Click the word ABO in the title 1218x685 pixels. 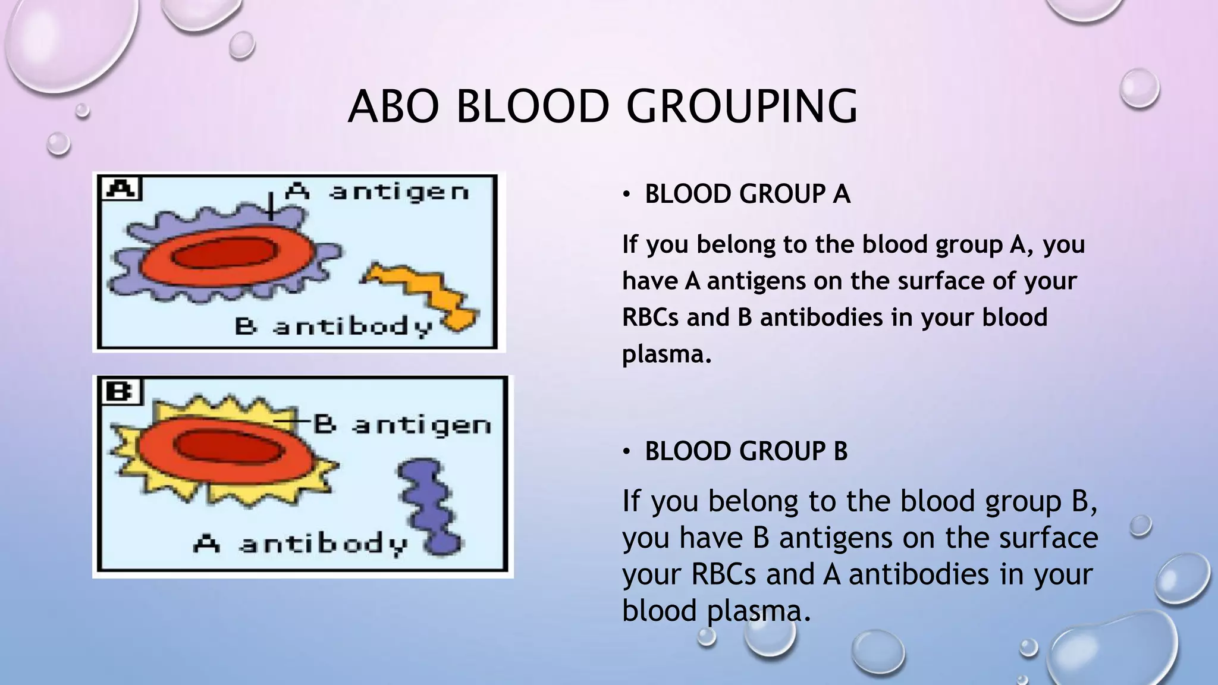pyautogui.click(x=394, y=107)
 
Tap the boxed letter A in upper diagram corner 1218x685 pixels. pyautogui.click(x=121, y=189)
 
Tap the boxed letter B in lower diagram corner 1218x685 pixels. pyautogui.click(x=122, y=392)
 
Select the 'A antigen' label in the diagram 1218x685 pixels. pyautogui.click(x=377, y=192)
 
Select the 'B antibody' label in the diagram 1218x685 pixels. pyautogui.click(x=334, y=327)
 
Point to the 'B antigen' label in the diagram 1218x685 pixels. pyautogui.click(x=402, y=425)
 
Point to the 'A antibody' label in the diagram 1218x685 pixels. pyautogui.click(x=300, y=544)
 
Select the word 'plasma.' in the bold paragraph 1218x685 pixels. pyautogui.click(x=667, y=354)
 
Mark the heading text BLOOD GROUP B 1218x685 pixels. pyautogui.click(x=746, y=451)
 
